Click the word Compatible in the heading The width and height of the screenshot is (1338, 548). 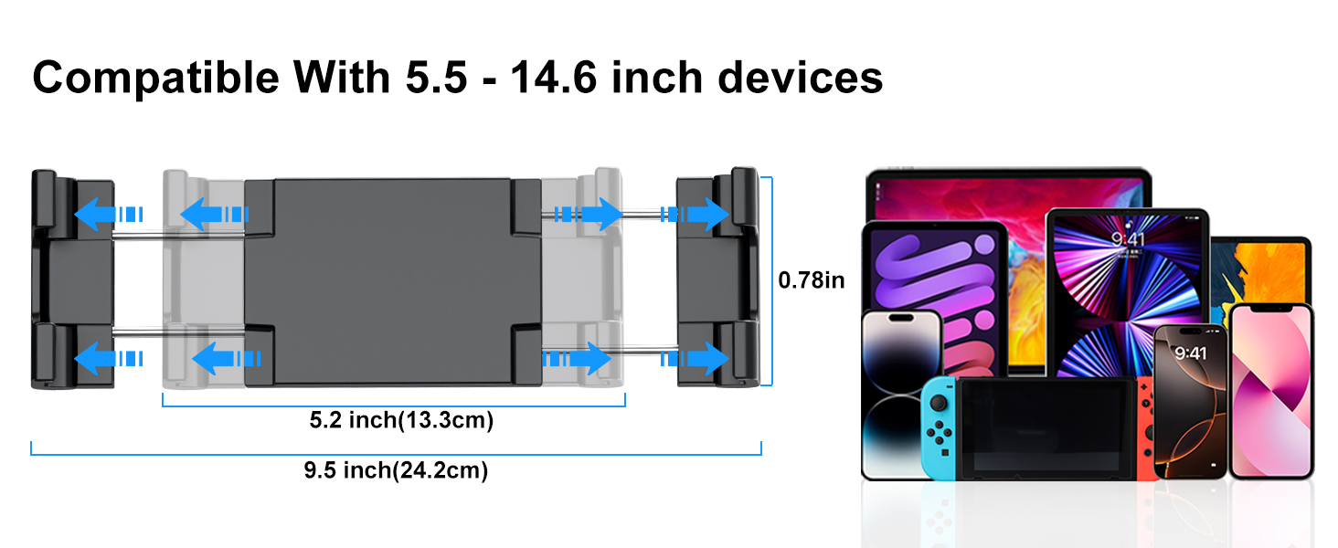point(156,79)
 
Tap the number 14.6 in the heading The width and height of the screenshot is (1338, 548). point(554,78)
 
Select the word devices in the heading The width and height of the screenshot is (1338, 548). point(800,78)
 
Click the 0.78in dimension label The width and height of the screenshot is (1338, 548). point(812,280)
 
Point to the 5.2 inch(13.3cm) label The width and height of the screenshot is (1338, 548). point(401,420)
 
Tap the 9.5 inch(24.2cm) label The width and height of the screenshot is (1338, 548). point(396,470)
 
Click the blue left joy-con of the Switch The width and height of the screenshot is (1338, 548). point(939,427)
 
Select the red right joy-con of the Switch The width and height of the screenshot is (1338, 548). point(1146,427)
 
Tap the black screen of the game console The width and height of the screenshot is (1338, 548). point(1046,427)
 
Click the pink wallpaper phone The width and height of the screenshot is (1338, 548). point(1271,391)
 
